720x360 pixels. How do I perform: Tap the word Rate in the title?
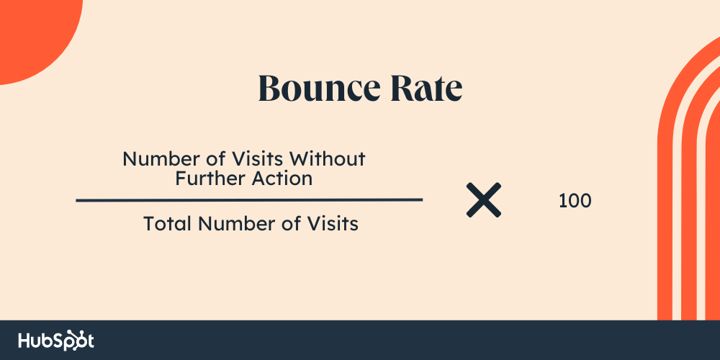click(426, 88)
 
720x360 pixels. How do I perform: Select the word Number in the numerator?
click(154, 159)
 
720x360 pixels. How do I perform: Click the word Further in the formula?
click(207, 178)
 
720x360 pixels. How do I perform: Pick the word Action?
click(279, 178)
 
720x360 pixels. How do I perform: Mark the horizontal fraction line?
click(249, 200)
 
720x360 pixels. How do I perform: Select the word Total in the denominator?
click(168, 224)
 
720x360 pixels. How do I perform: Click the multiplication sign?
click(484, 199)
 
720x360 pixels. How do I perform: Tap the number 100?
click(575, 201)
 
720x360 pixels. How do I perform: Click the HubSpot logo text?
click(56, 341)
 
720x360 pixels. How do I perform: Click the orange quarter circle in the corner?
click(32, 32)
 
